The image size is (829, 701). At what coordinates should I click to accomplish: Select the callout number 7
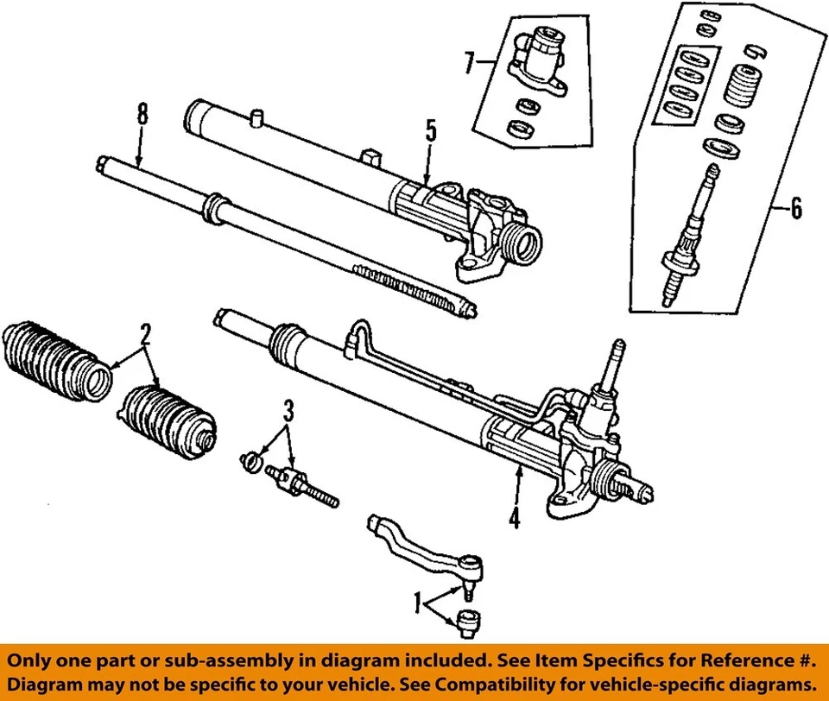(470, 62)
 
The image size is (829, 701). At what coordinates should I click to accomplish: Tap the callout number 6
(795, 208)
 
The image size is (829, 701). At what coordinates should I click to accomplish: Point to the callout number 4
(515, 520)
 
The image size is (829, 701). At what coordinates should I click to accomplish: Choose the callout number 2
(146, 333)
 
